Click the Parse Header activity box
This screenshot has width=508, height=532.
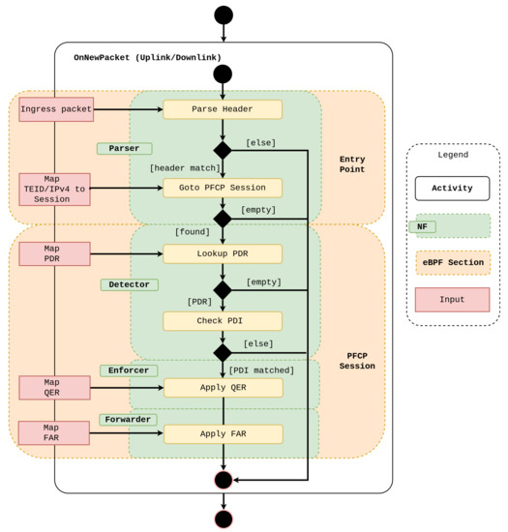tap(223, 109)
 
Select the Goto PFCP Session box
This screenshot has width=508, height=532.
tap(223, 188)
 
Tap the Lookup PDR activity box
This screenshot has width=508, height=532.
tap(223, 254)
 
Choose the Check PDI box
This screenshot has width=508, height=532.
tap(223, 321)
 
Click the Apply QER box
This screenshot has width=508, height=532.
tap(223, 388)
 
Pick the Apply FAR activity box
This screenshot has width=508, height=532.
tap(223, 434)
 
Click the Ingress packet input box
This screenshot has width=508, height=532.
tap(55, 109)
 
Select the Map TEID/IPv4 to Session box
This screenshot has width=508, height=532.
tap(55, 190)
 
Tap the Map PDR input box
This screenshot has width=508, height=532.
tap(55, 254)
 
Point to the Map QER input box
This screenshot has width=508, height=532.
tap(55, 388)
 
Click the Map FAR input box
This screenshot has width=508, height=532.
tap(55, 433)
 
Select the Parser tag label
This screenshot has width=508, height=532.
tap(124, 149)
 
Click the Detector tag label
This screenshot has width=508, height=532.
tap(129, 285)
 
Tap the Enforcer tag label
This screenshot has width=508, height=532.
tap(129, 370)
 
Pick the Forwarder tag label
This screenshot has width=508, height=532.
tap(129, 420)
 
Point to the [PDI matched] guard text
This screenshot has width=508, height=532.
tap(261, 370)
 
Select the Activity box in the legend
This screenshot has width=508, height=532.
tap(453, 188)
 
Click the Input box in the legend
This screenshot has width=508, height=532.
tap(453, 300)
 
